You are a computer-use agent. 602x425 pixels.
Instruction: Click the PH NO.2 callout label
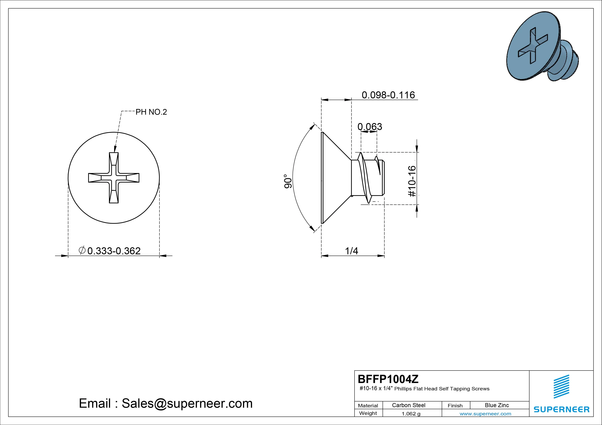(151, 112)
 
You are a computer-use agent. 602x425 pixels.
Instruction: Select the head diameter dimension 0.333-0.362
(114, 251)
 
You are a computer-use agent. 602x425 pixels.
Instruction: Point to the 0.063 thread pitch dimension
(370, 127)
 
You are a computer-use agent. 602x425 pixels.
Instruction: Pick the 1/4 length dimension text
(352, 251)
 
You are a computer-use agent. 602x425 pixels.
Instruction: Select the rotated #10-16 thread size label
(412, 181)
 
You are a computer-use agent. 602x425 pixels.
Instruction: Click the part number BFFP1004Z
(388, 379)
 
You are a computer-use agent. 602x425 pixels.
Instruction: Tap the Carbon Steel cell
(408, 405)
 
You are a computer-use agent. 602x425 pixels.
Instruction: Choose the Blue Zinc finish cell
(497, 405)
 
